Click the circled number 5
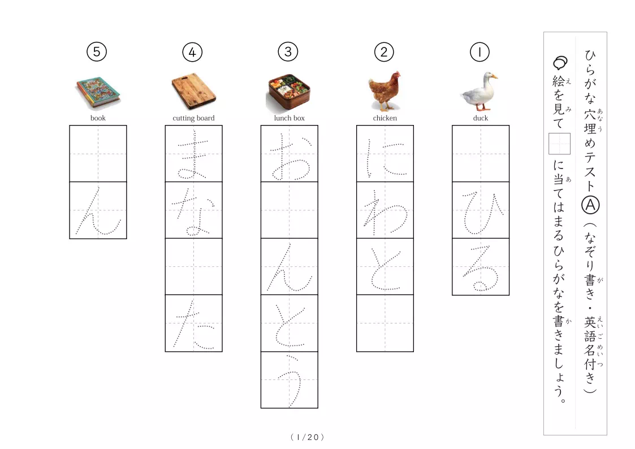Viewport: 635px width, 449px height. [96, 52]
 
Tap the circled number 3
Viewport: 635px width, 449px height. [288, 52]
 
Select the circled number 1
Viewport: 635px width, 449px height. [480, 52]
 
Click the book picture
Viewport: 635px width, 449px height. [98, 93]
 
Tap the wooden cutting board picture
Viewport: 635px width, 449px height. [193, 92]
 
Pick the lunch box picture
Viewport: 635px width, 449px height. [289, 93]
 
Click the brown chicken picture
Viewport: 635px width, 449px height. [385, 91]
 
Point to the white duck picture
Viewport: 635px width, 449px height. [480, 91]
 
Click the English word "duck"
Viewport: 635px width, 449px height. [480, 118]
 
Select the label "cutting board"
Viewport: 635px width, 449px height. [193, 118]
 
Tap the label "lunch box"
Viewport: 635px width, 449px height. [289, 118]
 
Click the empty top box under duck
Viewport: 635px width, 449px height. [481, 154]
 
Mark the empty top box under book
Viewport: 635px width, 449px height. [98, 154]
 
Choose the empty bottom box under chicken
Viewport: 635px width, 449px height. [385, 323]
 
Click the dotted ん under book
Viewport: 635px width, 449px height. [98, 211]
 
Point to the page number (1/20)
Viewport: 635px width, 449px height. [308, 437]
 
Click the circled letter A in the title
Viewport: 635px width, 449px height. [590, 205]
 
